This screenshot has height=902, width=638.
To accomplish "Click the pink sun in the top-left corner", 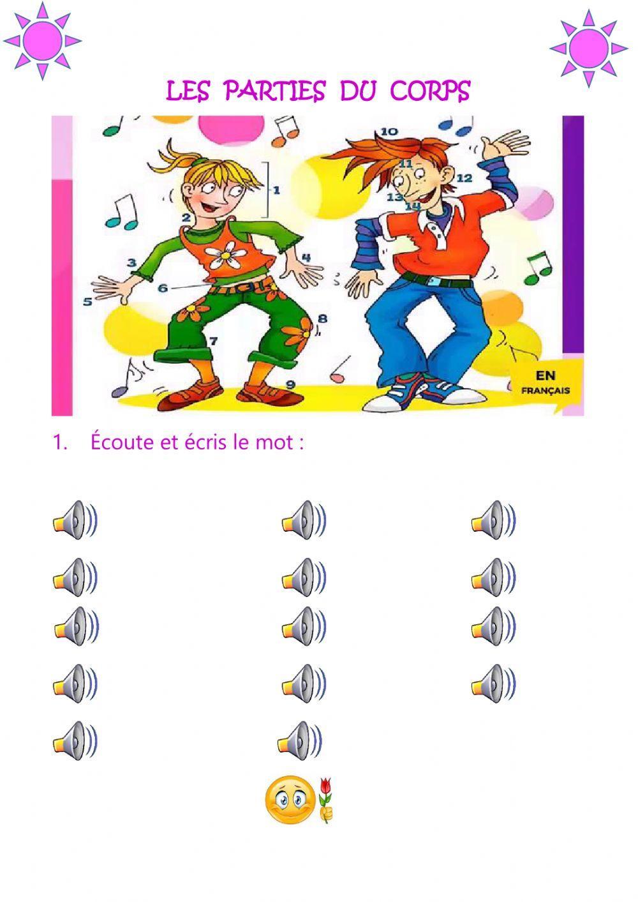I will coord(43,40).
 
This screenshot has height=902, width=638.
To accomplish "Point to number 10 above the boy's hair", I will coord(389,132).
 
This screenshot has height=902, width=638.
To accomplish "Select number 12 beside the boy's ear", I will coord(464,178).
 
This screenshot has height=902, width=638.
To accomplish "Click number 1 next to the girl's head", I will coord(277,190).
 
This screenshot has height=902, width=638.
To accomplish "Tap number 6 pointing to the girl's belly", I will coord(163,288).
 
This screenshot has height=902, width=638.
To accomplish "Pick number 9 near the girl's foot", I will coord(290,384).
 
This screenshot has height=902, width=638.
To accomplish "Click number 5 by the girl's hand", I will coord(87,301).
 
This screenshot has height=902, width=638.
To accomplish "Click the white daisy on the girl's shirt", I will coord(226,256).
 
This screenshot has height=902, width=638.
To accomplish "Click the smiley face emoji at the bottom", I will coord(289,799).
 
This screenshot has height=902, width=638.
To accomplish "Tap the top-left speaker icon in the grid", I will coord(75,520).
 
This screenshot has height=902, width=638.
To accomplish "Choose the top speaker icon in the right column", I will coord(493,520).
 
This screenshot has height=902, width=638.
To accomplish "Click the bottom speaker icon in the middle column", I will coord(300,740).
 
